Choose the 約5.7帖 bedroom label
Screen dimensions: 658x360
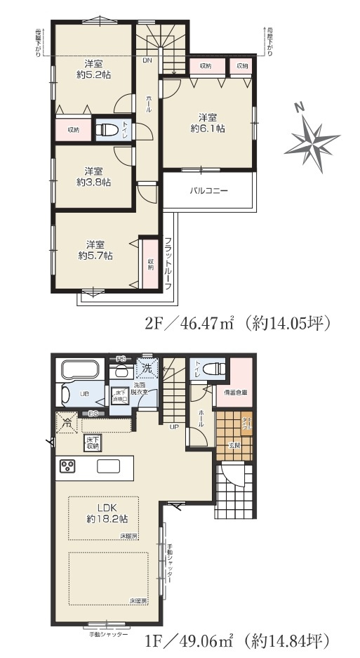click(95, 250)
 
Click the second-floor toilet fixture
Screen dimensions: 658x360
click(107, 129)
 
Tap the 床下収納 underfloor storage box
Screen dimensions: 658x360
click(93, 442)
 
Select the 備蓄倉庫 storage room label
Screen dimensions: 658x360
click(235, 392)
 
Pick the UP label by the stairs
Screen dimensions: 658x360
click(173, 426)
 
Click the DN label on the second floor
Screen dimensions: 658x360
click(147, 60)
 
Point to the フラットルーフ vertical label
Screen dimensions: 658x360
click(168, 263)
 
